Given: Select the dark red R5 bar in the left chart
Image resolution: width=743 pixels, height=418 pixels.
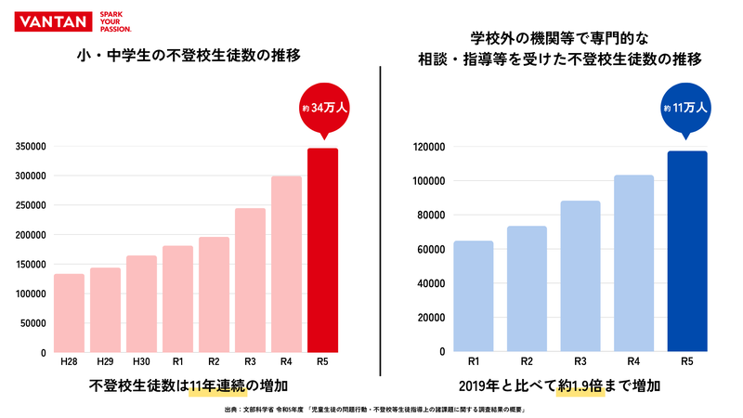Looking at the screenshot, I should tap(322, 251).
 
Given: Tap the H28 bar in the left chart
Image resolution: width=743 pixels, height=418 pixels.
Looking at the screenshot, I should tap(69, 313).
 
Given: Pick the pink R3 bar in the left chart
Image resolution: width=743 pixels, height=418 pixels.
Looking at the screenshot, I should tap(250, 281).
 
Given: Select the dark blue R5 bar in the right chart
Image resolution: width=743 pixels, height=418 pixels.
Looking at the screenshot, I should tap(686, 252).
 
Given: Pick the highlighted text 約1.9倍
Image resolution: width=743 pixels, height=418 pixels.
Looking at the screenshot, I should tap(580, 385).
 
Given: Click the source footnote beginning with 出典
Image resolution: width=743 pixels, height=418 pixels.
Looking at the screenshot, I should tap(371, 408).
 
